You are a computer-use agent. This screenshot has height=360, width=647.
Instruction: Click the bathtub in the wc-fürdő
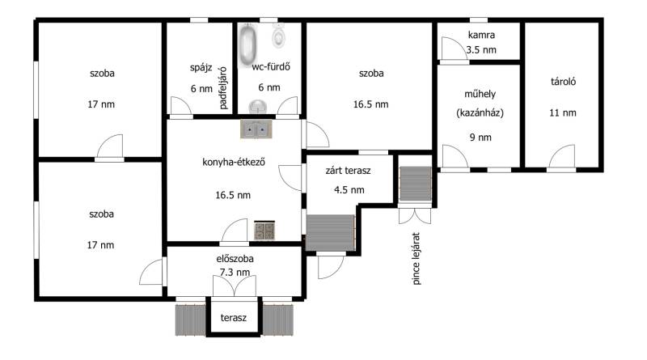pos(248,44)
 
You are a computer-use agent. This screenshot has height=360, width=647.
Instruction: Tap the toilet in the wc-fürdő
pos(279,36)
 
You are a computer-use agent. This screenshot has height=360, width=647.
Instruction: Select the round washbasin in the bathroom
pos(258,107)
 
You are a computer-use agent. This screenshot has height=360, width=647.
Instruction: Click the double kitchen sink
pos(256,129)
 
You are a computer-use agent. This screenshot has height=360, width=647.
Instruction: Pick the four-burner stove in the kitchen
pos(264,231)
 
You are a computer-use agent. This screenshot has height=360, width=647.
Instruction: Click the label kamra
pos(481,35)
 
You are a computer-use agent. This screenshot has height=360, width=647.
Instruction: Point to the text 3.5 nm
pos(481,50)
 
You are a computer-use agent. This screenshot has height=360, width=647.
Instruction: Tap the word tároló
pos(563,82)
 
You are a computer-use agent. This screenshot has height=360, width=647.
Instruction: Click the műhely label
pos(480,94)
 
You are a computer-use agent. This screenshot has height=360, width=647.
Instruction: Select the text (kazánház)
pos(480,112)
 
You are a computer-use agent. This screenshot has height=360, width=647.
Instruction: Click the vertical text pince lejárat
pos(416,258)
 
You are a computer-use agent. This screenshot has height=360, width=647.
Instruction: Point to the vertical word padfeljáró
pos(223,88)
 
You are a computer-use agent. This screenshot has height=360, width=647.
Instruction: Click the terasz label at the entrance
pos(234,317)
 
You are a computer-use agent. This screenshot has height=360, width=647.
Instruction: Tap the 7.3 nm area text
pos(235,273)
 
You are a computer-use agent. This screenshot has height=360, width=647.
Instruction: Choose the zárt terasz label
pos(348,171)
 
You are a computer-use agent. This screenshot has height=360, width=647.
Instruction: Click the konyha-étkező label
pos(234,162)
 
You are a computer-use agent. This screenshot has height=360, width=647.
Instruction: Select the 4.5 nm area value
pos(349,190)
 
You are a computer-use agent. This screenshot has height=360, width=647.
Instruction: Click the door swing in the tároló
pos(561,157)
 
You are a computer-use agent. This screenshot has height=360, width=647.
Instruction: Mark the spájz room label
pos(201,68)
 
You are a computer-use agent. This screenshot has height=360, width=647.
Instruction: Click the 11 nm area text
pos(563,112)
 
